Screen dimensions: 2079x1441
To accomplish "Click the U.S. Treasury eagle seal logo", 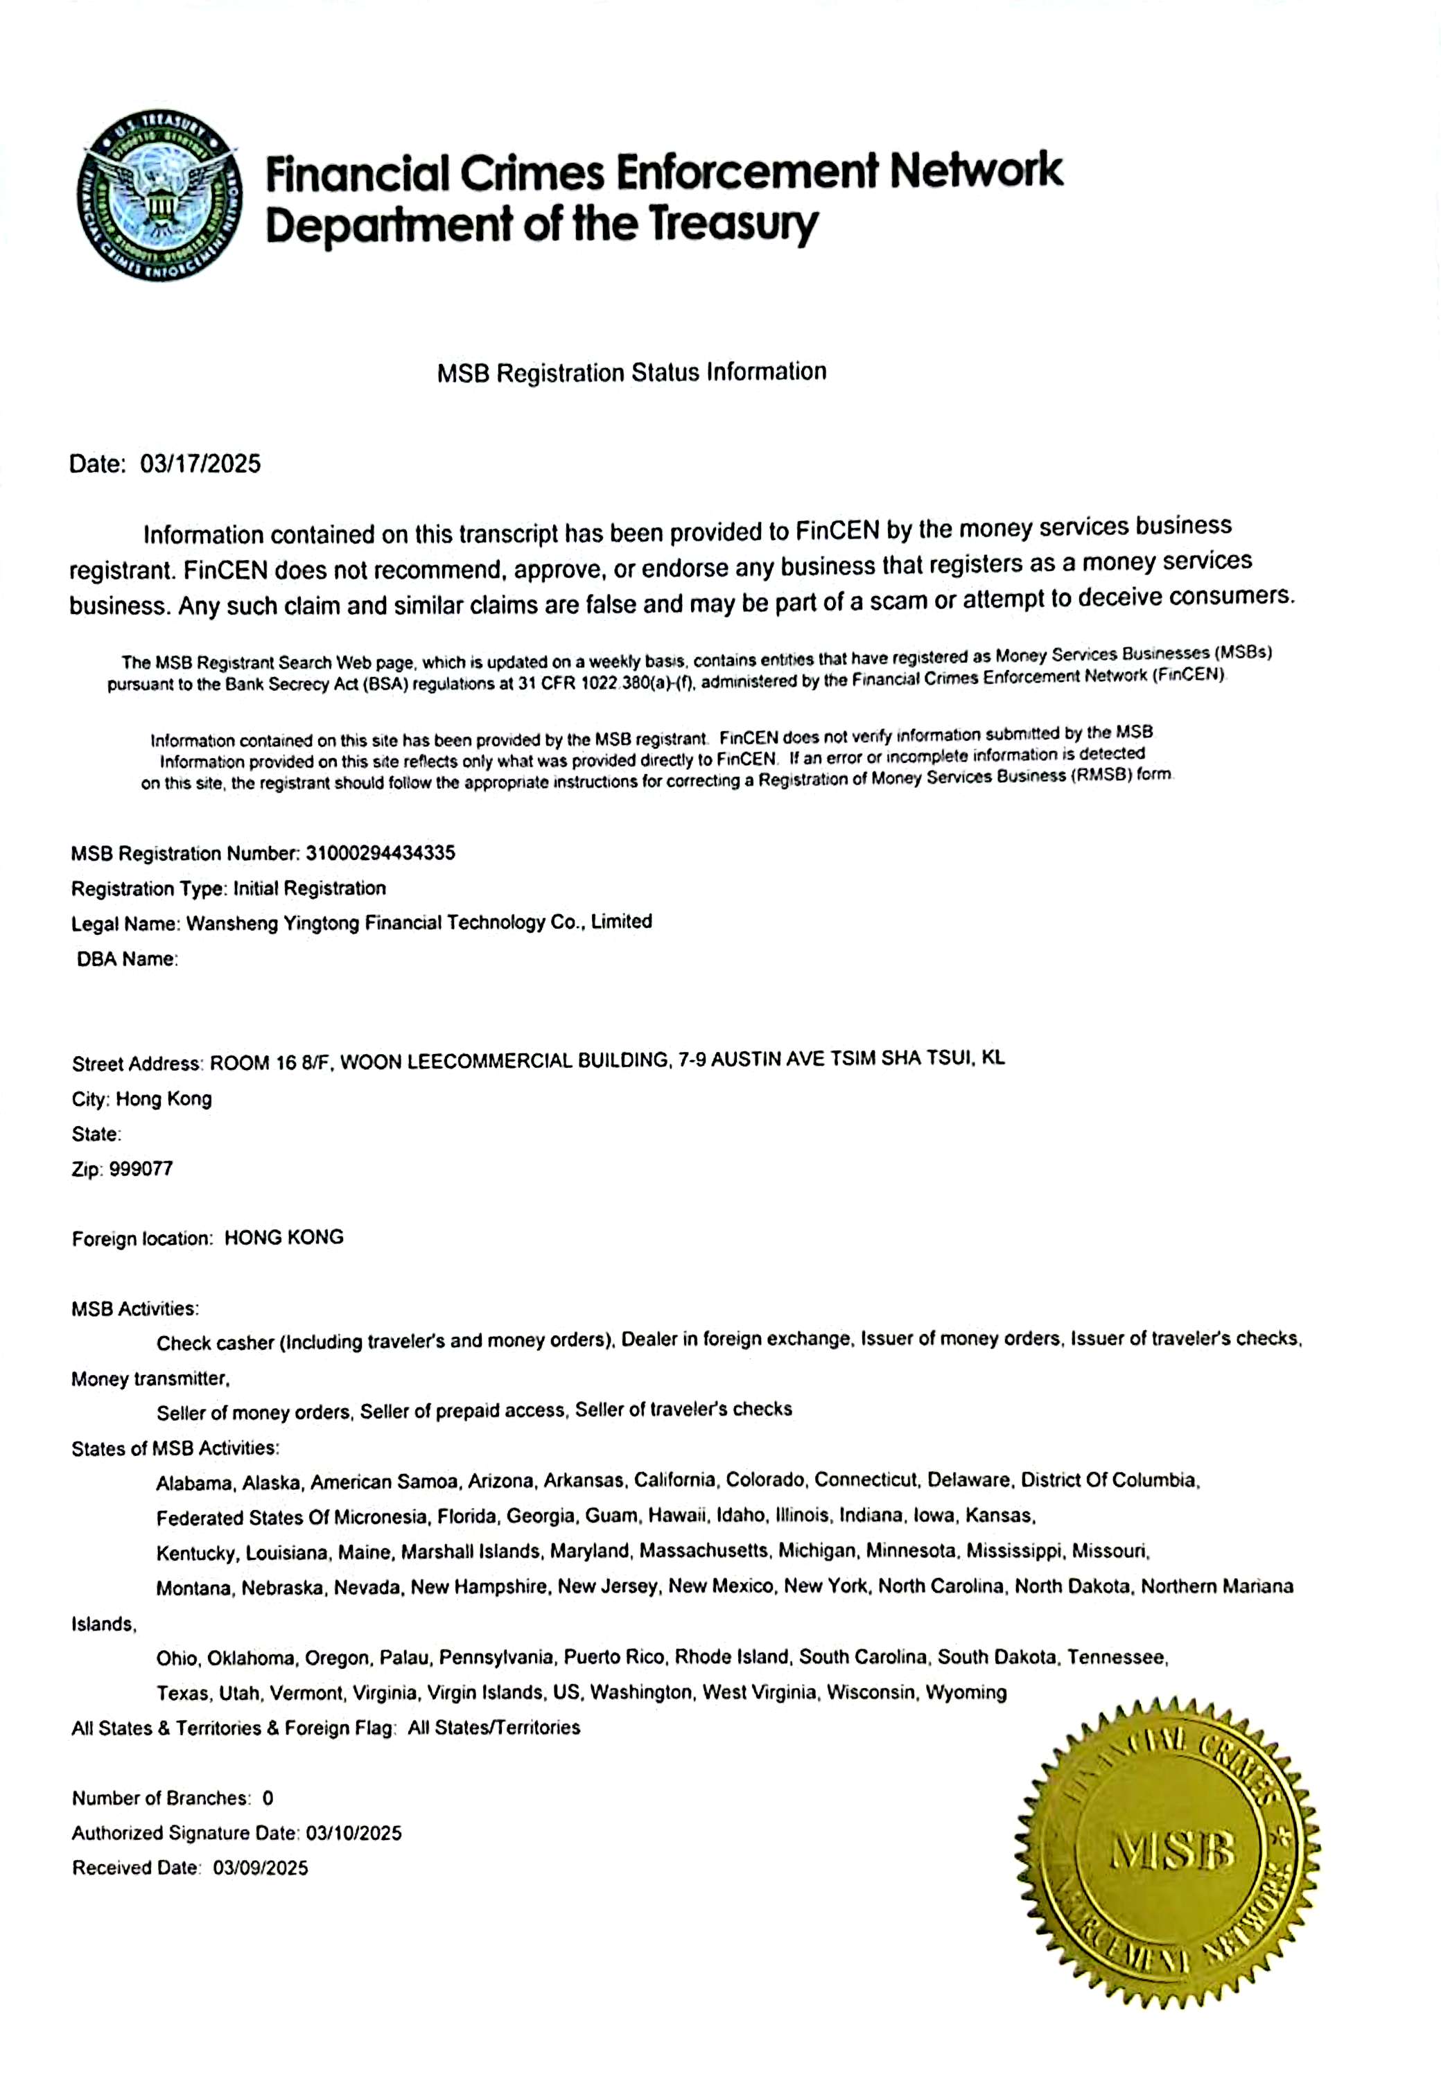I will (x=160, y=196).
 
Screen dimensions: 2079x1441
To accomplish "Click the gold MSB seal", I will (x=1169, y=1852).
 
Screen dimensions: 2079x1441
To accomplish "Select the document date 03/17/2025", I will (x=200, y=464).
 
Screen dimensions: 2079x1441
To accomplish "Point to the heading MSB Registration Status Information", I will (x=631, y=372).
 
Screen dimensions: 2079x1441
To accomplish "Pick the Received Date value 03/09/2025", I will (x=260, y=1868).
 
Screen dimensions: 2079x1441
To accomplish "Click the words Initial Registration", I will (x=309, y=888).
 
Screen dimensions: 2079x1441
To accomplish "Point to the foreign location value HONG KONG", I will (x=283, y=1238).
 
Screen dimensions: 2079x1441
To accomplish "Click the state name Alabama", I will (x=194, y=1483).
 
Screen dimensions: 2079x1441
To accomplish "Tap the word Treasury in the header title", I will (x=733, y=224).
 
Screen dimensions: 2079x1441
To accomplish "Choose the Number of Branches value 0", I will (x=268, y=1798).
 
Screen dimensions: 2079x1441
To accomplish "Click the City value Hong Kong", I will (x=164, y=1098).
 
